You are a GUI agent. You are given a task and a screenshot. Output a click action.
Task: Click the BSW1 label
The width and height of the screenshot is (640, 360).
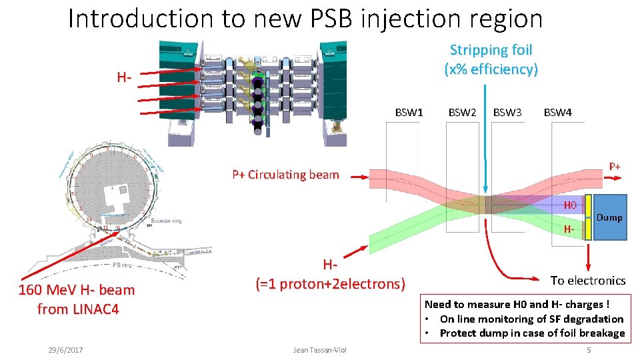click(x=409, y=113)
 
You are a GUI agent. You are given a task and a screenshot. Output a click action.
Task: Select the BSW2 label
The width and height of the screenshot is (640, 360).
click(x=462, y=113)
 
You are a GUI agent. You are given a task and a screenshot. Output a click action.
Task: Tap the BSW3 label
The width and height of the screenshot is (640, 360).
click(x=507, y=113)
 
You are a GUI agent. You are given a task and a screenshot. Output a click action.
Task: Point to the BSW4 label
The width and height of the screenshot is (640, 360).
click(x=557, y=113)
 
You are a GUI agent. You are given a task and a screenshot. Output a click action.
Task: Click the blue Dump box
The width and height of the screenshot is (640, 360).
click(x=609, y=217)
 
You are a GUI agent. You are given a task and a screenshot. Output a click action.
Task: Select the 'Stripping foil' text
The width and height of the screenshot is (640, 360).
click(x=491, y=50)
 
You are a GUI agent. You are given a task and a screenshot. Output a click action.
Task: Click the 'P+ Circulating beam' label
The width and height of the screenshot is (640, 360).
click(x=285, y=175)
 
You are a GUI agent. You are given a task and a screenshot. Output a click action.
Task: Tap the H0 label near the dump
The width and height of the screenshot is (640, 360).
click(x=570, y=205)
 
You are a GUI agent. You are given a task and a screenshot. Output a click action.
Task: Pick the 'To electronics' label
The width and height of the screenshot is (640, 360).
click(x=588, y=281)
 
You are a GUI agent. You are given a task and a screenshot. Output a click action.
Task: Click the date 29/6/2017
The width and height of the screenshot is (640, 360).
click(x=65, y=350)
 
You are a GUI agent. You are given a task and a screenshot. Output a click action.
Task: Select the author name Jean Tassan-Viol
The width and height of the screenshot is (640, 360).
click(x=320, y=350)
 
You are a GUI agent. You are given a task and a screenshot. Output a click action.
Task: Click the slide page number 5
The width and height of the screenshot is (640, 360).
click(x=588, y=350)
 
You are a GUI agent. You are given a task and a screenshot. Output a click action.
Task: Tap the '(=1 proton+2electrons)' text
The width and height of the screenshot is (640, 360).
click(x=331, y=284)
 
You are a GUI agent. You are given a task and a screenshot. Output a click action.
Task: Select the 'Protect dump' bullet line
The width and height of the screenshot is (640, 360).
click(x=531, y=333)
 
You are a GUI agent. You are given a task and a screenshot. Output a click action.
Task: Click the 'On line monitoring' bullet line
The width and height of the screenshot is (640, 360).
click(x=531, y=319)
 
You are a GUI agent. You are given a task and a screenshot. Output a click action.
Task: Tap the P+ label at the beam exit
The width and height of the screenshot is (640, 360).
click(x=614, y=166)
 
